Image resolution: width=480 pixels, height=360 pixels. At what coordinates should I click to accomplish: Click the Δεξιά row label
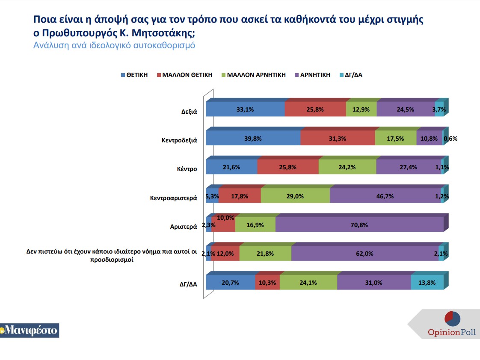[189, 112]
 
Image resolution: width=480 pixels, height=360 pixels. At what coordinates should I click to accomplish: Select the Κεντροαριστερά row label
[173, 198]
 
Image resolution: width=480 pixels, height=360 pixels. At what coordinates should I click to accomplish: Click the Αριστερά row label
[184, 227]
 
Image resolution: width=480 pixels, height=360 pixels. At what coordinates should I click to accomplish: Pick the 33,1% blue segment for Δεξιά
[245, 109]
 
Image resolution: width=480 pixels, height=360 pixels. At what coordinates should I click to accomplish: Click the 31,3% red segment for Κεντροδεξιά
[338, 139]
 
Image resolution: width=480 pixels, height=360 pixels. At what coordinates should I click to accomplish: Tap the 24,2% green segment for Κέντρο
[347, 167]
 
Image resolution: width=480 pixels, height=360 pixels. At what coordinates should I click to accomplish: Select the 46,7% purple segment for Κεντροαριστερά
[385, 196]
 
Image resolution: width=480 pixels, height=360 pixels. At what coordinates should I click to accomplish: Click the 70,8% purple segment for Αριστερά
[359, 225]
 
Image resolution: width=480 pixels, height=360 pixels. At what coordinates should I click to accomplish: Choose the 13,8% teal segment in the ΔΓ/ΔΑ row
[427, 283]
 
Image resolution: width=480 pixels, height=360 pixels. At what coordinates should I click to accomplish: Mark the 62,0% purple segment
[364, 254]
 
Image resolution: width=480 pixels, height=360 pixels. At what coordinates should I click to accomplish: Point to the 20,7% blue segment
[230, 283]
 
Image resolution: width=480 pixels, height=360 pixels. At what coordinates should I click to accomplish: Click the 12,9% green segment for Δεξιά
[361, 109]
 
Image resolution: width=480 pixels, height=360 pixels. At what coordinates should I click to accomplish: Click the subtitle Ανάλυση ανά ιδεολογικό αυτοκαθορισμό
[114, 45]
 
